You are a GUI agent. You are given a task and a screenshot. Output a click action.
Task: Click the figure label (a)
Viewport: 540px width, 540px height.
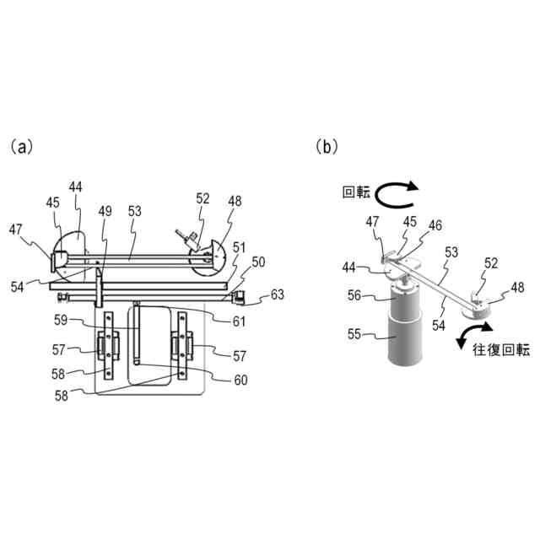click(x=21, y=147)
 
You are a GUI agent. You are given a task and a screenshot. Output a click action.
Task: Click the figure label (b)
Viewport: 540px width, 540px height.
click(x=327, y=147)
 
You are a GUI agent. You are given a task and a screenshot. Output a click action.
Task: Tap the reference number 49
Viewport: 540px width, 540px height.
click(x=105, y=211)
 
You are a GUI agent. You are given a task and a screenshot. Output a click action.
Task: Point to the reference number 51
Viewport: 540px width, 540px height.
click(x=240, y=246)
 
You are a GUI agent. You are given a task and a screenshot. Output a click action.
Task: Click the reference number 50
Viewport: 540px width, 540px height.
click(x=258, y=262)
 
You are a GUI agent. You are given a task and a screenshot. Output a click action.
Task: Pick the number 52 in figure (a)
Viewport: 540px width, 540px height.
click(x=202, y=199)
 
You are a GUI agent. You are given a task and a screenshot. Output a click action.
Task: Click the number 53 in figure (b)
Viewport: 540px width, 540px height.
click(x=452, y=253)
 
